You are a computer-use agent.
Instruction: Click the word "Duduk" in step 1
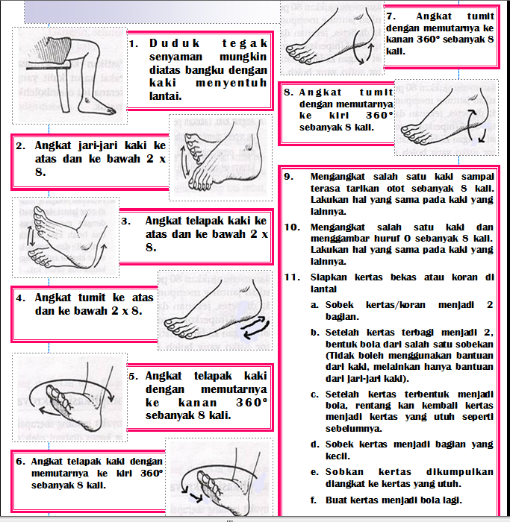[x=174, y=43]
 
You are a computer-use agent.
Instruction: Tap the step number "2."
[x=21, y=146]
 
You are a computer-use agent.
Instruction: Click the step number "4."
[x=21, y=298]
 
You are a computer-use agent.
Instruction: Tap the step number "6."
[x=21, y=462]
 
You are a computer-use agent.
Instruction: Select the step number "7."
[x=391, y=16]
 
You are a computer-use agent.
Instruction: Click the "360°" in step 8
[x=379, y=116]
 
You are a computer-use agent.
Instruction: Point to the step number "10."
[x=292, y=227]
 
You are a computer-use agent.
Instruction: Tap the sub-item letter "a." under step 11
[x=314, y=305]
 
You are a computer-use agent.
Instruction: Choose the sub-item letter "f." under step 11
[x=314, y=500]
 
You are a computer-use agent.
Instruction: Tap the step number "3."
[x=126, y=221]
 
